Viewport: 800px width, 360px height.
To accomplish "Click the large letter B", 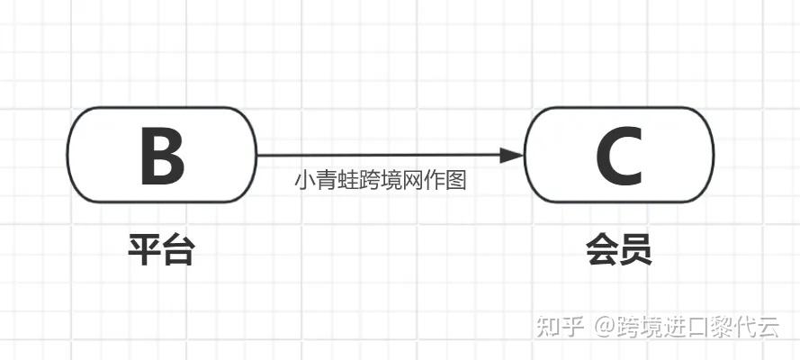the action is point(162,156).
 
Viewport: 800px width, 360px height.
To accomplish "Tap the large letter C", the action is point(619,156).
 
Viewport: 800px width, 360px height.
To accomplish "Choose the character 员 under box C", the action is point(635,249).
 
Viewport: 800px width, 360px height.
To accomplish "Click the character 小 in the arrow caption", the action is point(303,180).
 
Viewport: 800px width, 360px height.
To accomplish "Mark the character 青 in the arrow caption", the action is point(325,180).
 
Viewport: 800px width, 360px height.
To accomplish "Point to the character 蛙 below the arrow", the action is point(346,180).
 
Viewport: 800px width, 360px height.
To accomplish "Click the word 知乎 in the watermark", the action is point(561,327).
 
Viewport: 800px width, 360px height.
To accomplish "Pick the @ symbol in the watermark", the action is point(604,327).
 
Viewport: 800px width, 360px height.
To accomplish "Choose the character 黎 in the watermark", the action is point(720,327).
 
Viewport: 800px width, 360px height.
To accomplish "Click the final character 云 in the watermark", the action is point(768,327).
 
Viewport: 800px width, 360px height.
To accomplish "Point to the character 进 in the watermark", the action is point(673,327).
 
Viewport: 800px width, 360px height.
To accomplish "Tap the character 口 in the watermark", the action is point(697,327).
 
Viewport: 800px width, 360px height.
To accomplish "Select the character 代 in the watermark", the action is point(744,327).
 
